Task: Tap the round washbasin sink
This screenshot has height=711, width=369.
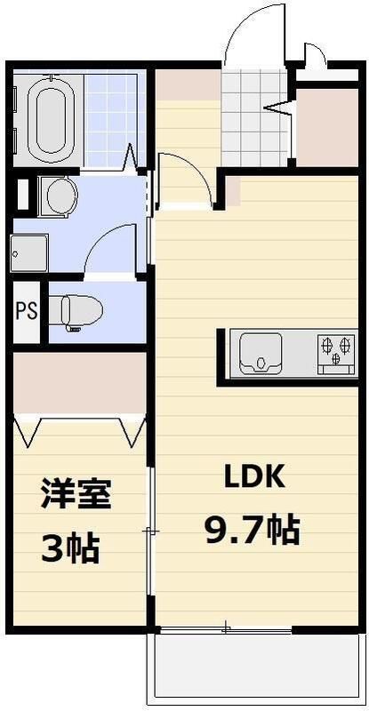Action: coord(60,196)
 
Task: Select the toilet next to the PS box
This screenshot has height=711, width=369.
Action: coord(77,311)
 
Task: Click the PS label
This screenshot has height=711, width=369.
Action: coord(26,312)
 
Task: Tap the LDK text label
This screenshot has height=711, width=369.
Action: coord(253,477)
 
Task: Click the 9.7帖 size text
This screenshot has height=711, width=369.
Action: coord(252,531)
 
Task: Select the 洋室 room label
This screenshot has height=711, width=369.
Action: coord(76,494)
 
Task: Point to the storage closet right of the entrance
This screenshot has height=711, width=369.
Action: coord(325,124)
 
